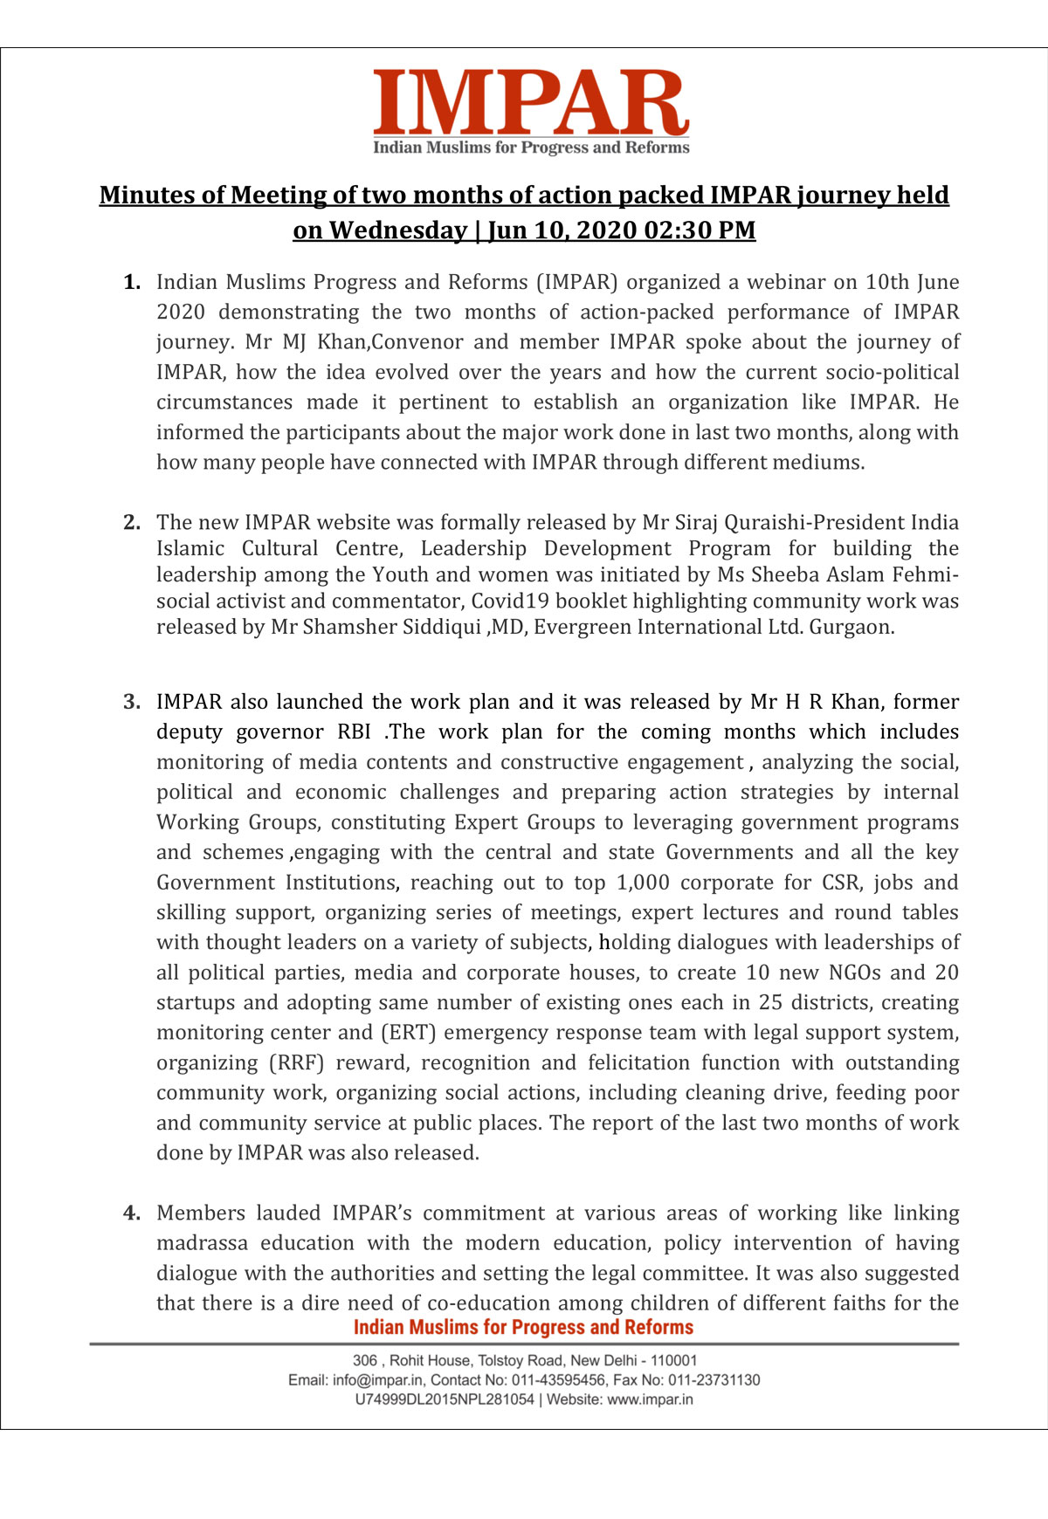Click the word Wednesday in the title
tap(397, 230)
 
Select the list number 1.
tap(132, 282)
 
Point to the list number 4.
tap(132, 1213)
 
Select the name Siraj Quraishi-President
tap(773, 522)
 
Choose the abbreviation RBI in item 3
tap(354, 732)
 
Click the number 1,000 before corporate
tap(643, 883)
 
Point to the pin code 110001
tap(674, 1360)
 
